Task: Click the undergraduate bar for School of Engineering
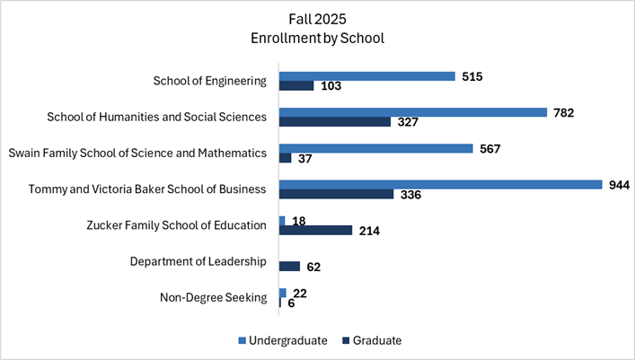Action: coord(367,76)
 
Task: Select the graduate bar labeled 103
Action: coord(296,86)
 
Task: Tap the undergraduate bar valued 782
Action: coord(413,112)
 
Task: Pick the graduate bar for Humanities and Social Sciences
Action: coord(335,122)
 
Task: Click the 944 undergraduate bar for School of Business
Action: coord(440,184)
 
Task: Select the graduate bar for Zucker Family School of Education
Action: coord(315,231)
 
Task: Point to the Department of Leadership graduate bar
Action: coord(289,267)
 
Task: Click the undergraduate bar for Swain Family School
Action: coord(375,148)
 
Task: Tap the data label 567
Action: coord(491,149)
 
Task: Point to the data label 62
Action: coord(313,268)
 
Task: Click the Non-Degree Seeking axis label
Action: coord(213,298)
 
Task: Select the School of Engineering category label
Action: coord(210,81)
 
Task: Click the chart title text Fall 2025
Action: coord(317,18)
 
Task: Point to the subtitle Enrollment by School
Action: coord(317,39)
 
